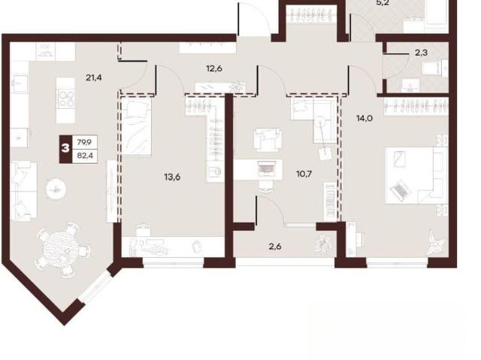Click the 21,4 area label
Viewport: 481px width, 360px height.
tap(94, 78)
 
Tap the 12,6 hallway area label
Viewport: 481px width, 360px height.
tap(214, 68)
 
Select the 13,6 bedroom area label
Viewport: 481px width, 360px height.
tap(172, 177)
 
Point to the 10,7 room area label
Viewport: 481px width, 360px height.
tap(304, 174)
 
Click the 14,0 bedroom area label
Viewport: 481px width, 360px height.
tap(365, 118)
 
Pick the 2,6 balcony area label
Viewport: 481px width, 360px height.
tap(275, 247)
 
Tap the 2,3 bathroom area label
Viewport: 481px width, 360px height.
tap(421, 53)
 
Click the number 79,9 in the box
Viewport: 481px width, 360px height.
tap(84, 142)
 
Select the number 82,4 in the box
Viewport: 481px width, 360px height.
tap(84, 156)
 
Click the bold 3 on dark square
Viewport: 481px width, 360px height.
tap(65, 149)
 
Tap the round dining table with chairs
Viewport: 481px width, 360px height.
tap(64, 248)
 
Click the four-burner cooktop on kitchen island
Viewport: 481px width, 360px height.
tap(65, 98)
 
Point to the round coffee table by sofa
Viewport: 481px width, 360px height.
tap(56, 189)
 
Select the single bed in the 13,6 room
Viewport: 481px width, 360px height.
tap(136, 127)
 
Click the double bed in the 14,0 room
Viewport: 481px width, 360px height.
tap(416, 175)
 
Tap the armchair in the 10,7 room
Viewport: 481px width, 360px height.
tap(268, 140)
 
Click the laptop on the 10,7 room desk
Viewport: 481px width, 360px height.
tap(266, 168)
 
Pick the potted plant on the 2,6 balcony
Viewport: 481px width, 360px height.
tap(322, 244)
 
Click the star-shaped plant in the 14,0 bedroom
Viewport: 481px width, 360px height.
tap(436, 242)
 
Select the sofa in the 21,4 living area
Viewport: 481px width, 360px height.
tap(23, 191)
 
